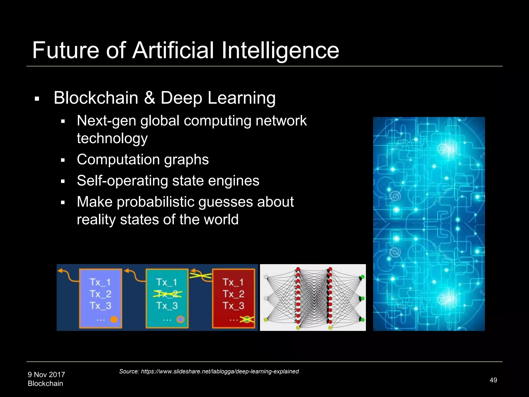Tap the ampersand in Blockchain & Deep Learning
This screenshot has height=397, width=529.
[150, 98]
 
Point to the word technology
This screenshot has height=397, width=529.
[112, 138]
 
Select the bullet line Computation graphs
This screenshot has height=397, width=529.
[143, 159]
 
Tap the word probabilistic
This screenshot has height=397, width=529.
[155, 202]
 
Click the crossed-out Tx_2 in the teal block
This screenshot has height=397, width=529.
[167, 294]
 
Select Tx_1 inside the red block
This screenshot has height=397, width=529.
[233, 282]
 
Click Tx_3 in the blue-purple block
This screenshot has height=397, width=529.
[100, 306]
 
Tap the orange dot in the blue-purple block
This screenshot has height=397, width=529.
[114, 319]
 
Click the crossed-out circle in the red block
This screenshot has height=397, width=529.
[247, 319]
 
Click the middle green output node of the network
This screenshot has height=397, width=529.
[362, 299]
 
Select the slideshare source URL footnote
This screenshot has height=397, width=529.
[209, 371]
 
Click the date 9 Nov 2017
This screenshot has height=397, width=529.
[46, 375]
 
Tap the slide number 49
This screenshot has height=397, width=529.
[493, 380]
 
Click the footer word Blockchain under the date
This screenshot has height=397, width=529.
[45, 384]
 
